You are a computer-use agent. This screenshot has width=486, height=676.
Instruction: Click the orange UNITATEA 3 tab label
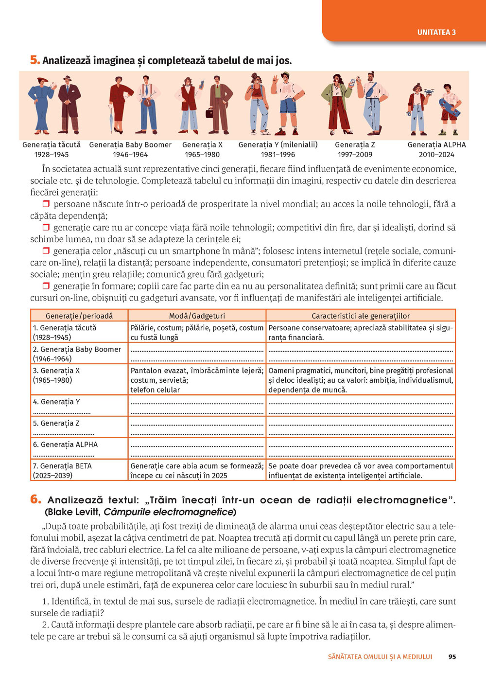click(x=436, y=33)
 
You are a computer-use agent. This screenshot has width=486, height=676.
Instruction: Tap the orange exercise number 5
click(x=35, y=60)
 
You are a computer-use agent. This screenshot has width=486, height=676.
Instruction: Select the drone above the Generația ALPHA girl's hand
click(x=429, y=91)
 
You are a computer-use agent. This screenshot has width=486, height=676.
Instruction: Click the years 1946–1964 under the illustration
click(x=130, y=155)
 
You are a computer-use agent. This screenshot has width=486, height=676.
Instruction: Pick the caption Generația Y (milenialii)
click(x=278, y=144)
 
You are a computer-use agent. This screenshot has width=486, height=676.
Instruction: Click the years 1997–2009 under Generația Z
click(x=355, y=155)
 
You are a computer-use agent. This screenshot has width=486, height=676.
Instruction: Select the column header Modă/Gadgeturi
click(x=197, y=316)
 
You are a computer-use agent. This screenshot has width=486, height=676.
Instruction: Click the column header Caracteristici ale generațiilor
click(x=361, y=316)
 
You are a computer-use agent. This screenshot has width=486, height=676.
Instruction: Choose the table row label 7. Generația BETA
click(x=62, y=466)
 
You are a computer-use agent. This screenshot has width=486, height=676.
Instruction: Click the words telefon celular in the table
click(x=155, y=390)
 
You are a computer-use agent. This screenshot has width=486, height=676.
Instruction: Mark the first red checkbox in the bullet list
click(x=46, y=204)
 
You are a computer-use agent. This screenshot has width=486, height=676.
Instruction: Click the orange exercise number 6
click(x=35, y=499)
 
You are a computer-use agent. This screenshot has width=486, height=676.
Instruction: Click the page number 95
click(x=452, y=657)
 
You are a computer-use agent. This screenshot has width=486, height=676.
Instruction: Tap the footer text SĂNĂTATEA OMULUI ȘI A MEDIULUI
click(x=380, y=657)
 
